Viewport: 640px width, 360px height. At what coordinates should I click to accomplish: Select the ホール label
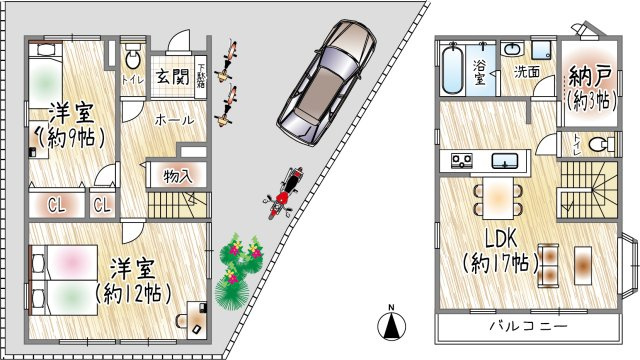(x=174, y=120)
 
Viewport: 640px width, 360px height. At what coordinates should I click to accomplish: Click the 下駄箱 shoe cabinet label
(x=202, y=75)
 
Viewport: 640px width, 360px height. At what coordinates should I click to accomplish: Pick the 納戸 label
(x=591, y=76)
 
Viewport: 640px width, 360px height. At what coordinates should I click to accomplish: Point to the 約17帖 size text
(x=501, y=264)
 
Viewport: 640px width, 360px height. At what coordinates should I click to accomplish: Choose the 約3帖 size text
(x=590, y=100)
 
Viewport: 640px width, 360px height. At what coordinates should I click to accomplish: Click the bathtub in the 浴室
(x=451, y=70)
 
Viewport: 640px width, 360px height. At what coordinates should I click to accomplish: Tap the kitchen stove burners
(x=463, y=160)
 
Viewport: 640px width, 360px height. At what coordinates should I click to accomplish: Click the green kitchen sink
(x=504, y=160)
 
